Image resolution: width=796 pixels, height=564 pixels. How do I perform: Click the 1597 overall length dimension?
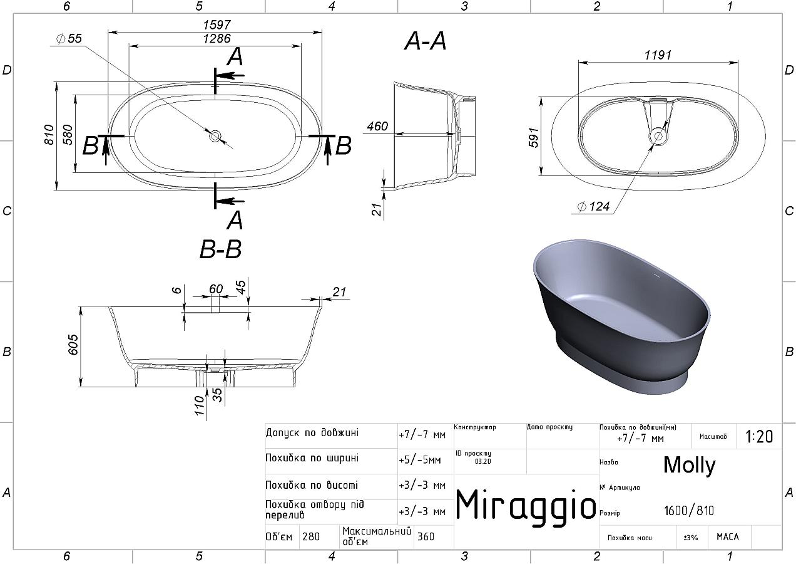coord(217,25)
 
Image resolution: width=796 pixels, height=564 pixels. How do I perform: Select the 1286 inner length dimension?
coord(217,38)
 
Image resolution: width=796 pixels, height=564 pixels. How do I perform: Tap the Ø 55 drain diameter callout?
coord(69,38)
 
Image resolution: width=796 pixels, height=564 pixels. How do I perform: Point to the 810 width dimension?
coord(49,135)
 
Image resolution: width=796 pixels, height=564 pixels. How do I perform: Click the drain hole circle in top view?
coord(215,136)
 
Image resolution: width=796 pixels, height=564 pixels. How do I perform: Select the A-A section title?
coord(425,41)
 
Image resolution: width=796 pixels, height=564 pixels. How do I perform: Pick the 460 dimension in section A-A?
coord(377,127)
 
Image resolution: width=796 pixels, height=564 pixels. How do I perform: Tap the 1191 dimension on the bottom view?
coord(658,55)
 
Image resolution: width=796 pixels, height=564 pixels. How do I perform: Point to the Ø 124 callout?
coord(593,206)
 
